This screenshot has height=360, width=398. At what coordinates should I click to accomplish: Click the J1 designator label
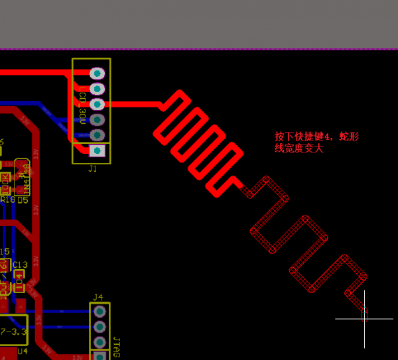point(92,169)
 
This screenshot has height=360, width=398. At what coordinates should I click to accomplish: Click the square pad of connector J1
point(98,151)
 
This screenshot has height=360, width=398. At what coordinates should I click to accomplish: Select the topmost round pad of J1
point(98,74)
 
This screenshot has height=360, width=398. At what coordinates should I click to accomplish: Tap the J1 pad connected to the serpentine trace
point(98,104)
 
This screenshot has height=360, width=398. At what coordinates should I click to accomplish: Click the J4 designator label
point(98,296)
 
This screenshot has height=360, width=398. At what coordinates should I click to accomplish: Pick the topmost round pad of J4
point(100,311)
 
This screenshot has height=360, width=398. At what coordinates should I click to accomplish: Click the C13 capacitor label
point(20,265)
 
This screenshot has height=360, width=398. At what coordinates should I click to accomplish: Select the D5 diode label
point(23,200)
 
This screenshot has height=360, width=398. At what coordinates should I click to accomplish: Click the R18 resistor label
point(8,200)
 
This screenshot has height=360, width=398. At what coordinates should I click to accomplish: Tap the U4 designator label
point(23,351)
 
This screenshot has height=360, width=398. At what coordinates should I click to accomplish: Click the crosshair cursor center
point(365,319)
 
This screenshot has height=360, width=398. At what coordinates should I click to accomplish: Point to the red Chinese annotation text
point(317,143)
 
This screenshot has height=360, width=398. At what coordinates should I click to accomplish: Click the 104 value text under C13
point(19,281)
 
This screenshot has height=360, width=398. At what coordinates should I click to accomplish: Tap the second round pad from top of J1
point(98,89)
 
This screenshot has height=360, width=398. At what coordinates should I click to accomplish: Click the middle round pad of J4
point(100,327)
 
